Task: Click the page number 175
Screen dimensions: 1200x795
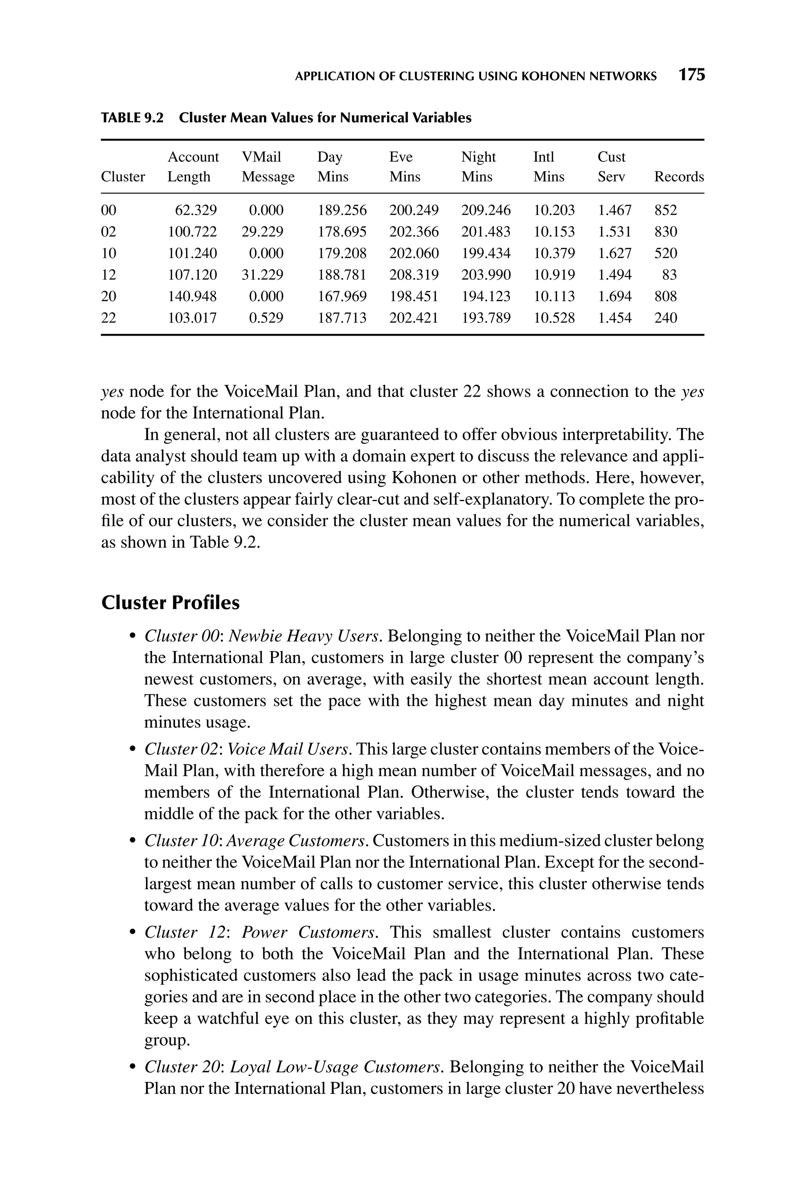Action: [692, 76]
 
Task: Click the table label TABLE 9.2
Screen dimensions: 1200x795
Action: [132, 118]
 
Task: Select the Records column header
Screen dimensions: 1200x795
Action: [679, 177]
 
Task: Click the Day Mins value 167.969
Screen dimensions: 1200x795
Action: [342, 296]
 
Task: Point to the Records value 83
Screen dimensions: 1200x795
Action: [669, 275]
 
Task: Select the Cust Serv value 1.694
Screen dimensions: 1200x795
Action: [614, 296]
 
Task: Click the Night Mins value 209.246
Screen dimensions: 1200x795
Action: [486, 210]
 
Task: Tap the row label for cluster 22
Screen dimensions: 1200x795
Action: [109, 318]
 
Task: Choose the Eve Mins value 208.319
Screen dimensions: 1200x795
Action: [414, 275]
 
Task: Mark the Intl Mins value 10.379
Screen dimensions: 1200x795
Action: [554, 253]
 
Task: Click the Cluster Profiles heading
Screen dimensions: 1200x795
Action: [170, 603]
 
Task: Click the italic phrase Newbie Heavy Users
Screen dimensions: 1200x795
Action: [313, 636]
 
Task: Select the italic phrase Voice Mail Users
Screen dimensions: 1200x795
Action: [288, 749]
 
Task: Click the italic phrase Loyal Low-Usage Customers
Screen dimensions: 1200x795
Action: [337, 1067]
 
